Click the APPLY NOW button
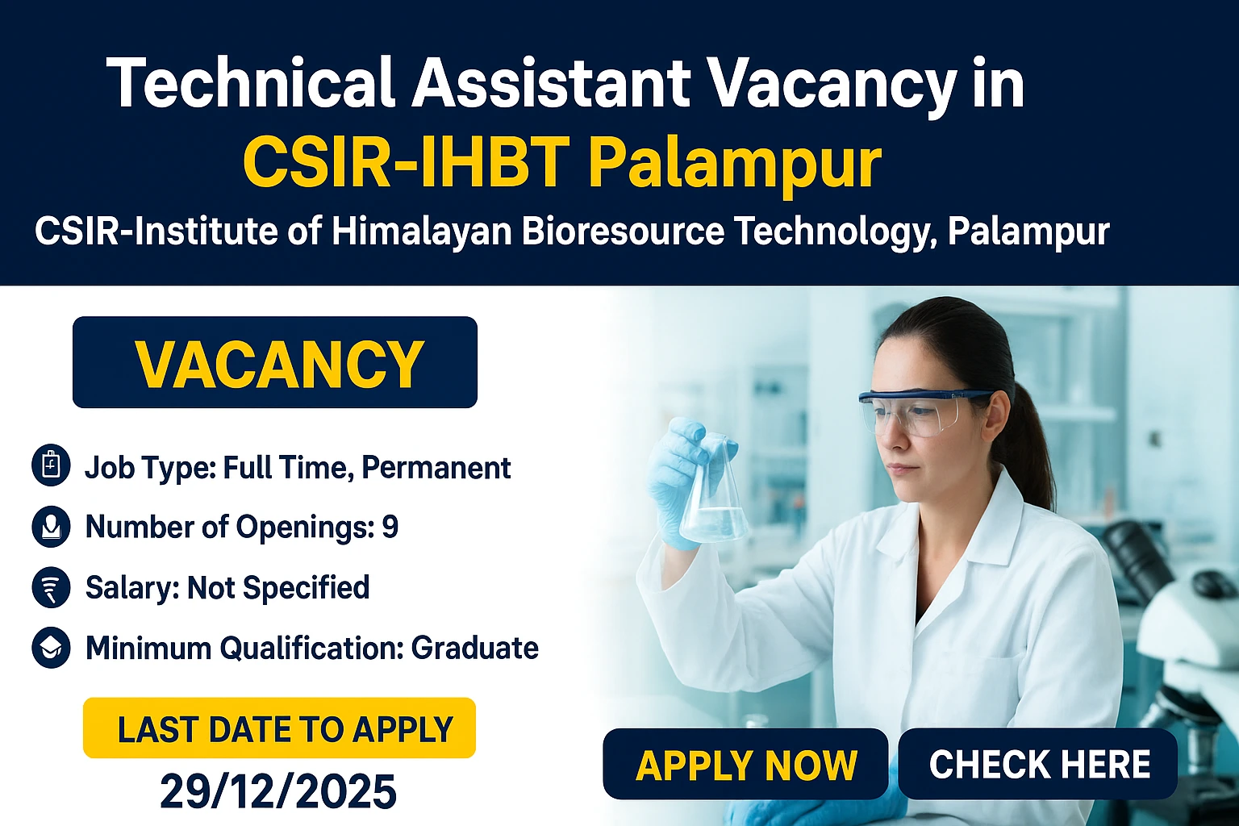[x=745, y=765]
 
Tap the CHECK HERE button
[x=1038, y=764]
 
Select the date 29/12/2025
[x=278, y=791]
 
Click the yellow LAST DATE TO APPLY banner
[x=279, y=728]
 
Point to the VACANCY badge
[x=275, y=363]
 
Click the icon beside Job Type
[x=51, y=467]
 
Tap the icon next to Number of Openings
[x=51, y=527]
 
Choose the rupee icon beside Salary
[x=51, y=587]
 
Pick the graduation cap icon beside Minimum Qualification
[x=51, y=648]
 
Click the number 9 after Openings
[x=390, y=527]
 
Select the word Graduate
[x=474, y=648]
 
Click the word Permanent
[x=436, y=467]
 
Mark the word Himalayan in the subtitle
[x=422, y=232]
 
